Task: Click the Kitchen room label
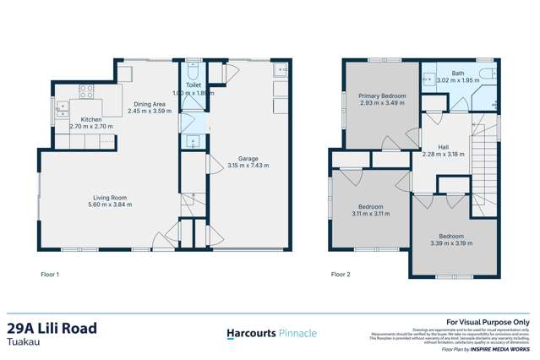tap(90, 120)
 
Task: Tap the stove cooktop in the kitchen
tap(86, 90)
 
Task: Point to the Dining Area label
tap(149, 104)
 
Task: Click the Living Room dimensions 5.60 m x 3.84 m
tap(111, 205)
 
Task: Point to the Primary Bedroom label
tap(381, 96)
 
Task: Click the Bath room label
tap(457, 74)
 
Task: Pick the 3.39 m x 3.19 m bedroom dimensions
tap(450, 243)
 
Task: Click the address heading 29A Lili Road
tap(52, 328)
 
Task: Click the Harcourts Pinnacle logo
tap(271, 333)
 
